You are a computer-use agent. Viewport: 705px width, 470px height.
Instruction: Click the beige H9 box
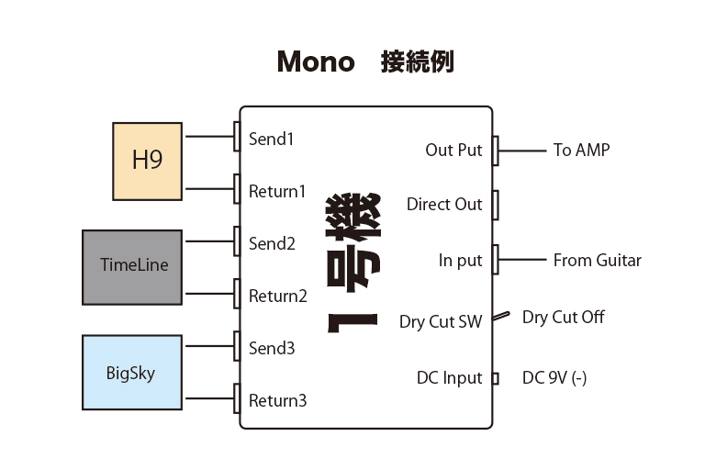147,161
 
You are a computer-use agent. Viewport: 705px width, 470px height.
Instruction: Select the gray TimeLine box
133,267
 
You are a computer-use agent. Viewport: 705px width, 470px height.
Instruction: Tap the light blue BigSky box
132,372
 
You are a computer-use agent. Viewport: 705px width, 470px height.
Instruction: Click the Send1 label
271,140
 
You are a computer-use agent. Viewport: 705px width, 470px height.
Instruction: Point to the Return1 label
277,192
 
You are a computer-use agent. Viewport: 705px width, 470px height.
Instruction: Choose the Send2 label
272,244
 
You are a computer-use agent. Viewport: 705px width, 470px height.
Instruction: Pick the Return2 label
277,297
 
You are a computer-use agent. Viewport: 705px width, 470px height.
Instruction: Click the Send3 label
272,349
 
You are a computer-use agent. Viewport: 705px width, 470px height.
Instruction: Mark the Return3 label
277,401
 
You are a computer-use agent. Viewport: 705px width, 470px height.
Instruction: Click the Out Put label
453,150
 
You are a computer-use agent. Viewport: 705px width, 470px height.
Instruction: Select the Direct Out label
444,205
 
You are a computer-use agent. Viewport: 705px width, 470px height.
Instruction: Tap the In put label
460,261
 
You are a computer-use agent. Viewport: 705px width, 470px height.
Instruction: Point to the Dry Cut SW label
441,322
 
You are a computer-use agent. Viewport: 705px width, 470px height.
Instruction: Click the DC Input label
449,378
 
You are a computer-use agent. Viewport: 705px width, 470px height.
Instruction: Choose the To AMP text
581,150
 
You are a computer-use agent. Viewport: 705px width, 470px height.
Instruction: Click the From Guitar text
597,261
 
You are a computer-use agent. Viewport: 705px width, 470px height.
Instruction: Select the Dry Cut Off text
564,318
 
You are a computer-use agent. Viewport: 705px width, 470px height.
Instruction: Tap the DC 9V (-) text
554,378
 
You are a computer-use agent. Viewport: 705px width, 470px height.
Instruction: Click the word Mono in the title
316,62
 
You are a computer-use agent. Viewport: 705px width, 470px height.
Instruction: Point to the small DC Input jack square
495,378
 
